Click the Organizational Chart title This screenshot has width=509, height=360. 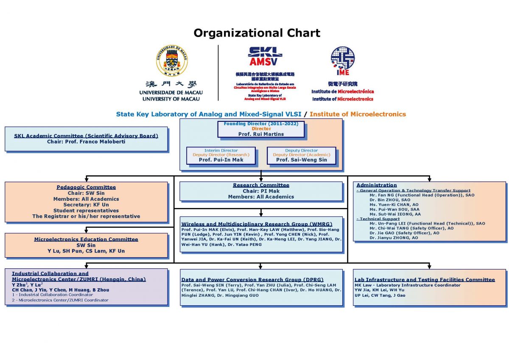click(x=257, y=33)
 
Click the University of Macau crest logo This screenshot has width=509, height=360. click(x=171, y=61)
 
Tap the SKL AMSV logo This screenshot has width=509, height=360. click(x=265, y=56)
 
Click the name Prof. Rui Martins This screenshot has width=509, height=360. click(x=261, y=134)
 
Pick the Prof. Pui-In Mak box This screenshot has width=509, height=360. click(x=221, y=155)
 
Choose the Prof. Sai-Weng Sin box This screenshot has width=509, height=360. click(x=301, y=155)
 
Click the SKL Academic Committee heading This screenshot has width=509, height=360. click(x=86, y=136)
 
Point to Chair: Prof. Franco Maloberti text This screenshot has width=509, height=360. click(x=86, y=141)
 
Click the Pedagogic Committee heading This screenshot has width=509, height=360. click(x=86, y=187)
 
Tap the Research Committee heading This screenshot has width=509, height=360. click(x=261, y=185)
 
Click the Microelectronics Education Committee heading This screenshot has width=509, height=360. click(x=86, y=239)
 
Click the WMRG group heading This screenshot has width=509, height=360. click(x=257, y=224)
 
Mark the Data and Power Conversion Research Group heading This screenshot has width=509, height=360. click(x=252, y=279)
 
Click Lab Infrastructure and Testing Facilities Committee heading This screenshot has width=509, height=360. click(x=425, y=279)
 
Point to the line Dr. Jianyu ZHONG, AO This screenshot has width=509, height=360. click(x=394, y=238)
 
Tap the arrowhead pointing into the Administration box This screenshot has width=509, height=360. click(x=429, y=179)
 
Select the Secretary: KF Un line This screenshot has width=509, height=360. click(x=86, y=205)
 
